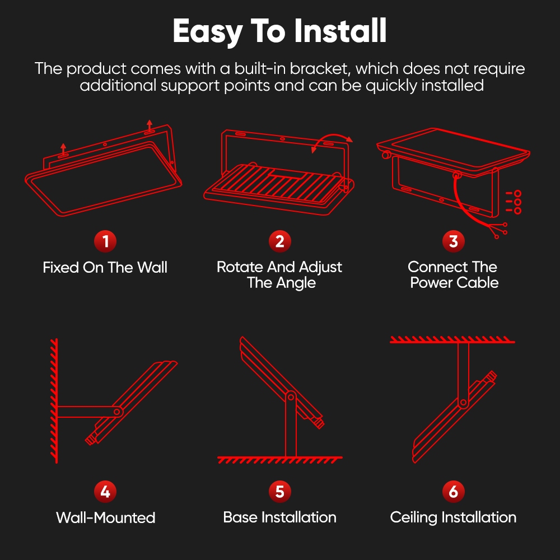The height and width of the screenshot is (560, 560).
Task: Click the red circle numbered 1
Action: coord(105,242)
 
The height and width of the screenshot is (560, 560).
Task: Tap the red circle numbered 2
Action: coord(279,242)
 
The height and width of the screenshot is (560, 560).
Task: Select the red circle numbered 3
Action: coord(454,242)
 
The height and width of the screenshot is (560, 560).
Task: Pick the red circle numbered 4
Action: coord(105,492)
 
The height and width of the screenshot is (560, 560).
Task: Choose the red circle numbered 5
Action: coord(279,492)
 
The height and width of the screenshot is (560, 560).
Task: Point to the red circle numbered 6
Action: coord(454,492)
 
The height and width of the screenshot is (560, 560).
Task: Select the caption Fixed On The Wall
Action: coord(105,268)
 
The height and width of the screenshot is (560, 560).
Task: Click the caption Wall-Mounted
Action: coord(105,517)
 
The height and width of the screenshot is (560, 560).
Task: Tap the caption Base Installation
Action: coord(279,517)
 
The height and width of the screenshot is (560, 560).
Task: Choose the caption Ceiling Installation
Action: coord(454,517)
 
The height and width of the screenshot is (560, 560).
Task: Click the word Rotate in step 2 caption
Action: coord(240,267)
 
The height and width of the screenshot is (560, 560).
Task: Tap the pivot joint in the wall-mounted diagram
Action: coord(118,412)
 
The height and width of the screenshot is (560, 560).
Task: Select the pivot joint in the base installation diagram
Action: coord(290,397)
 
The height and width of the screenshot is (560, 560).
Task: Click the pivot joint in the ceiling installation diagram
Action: coord(463,402)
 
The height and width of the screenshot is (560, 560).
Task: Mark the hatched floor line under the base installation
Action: coord(279,460)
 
